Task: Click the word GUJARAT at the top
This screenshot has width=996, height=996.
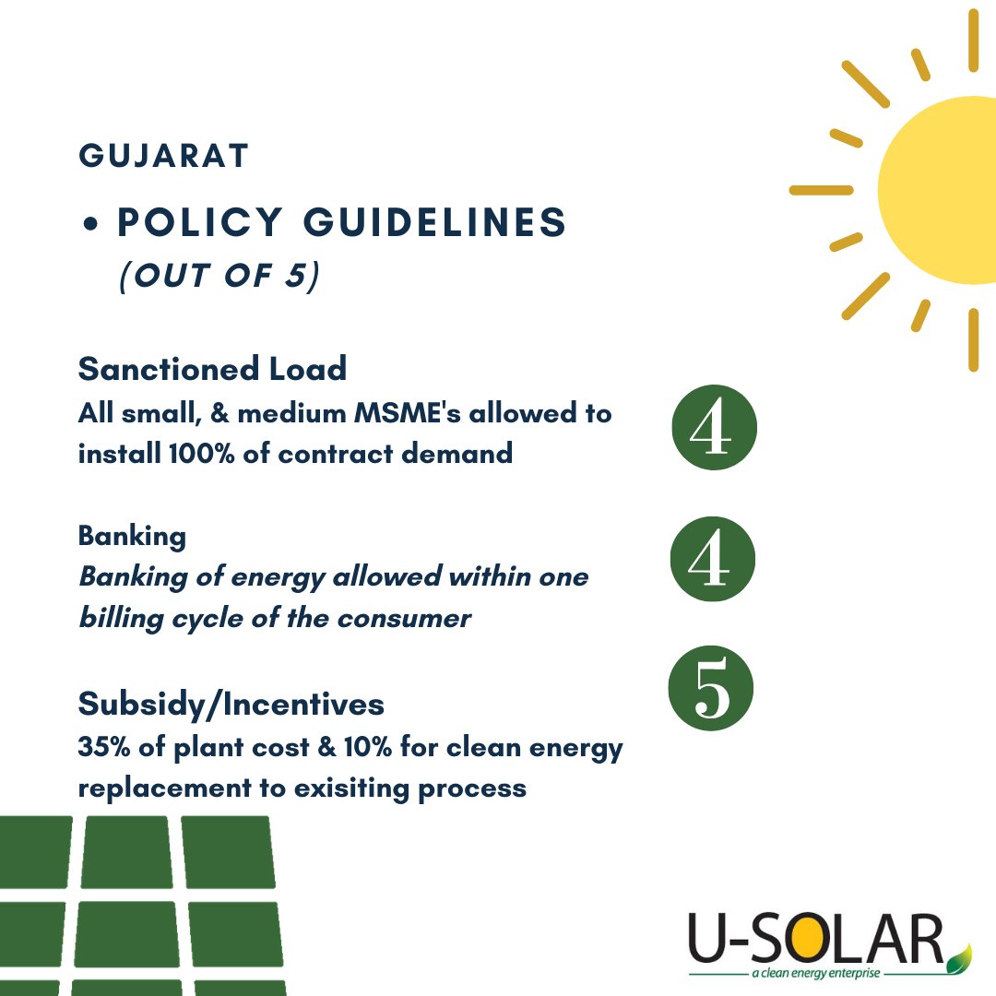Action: click(163, 156)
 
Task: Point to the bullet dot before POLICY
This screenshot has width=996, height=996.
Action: click(91, 226)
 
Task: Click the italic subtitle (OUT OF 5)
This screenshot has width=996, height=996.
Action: click(219, 276)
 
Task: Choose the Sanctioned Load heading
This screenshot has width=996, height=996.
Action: click(212, 369)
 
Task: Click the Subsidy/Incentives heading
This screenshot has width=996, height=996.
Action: click(231, 705)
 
